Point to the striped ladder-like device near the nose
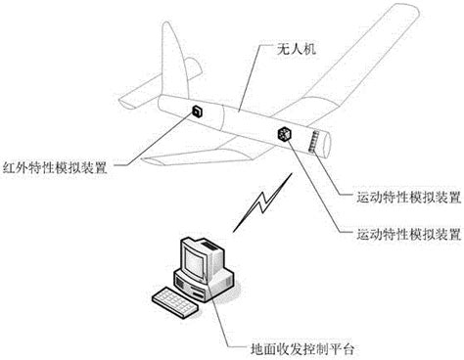[314, 143]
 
